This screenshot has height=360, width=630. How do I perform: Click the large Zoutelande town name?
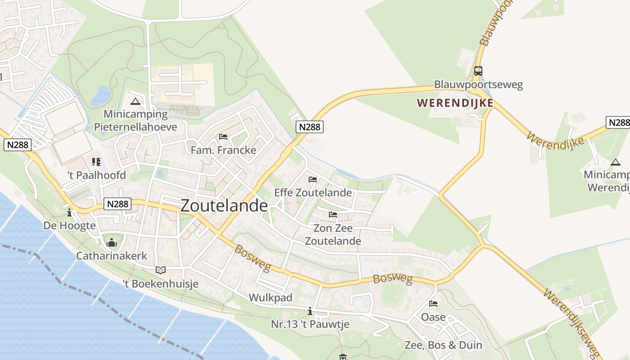click(224, 206)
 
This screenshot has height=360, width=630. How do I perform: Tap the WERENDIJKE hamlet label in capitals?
click(455, 103)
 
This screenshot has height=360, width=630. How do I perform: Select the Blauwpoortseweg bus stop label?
click(478, 85)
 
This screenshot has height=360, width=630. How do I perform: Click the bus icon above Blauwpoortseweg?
click(478, 71)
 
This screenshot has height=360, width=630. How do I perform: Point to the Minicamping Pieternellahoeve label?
click(135, 121)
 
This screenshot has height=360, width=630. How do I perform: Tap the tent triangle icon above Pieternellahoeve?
click(135, 101)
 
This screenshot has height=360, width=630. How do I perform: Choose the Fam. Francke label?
click(223, 150)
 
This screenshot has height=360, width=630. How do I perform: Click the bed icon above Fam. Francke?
click(223, 136)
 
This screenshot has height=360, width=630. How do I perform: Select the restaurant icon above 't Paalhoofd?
click(96, 162)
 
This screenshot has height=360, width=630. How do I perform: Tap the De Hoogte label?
click(69, 225)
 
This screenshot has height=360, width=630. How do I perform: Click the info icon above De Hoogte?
click(69, 212)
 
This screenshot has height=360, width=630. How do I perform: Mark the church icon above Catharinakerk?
click(112, 243)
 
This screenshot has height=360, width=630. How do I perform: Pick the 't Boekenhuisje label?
click(161, 283)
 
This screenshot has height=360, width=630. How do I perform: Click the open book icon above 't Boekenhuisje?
click(161, 270)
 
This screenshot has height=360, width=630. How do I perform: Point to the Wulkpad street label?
click(270, 297)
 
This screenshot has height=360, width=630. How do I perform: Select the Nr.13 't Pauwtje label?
click(310, 324)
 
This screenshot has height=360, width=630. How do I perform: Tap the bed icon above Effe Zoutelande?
click(313, 179)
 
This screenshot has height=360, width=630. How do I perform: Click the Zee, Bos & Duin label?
click(443, 345)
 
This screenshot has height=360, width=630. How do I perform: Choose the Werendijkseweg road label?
click(572, 321)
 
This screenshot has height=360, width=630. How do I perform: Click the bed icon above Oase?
click(433, 304)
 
